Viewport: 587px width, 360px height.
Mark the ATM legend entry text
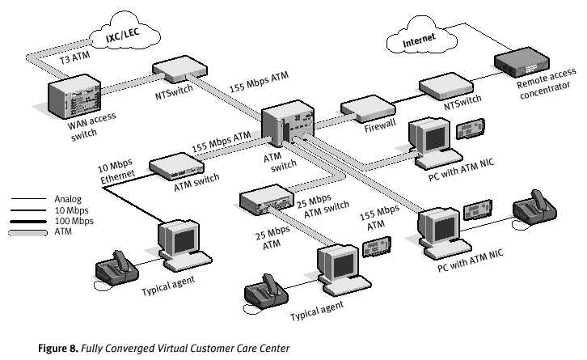pyautogui.click(x=63, y=232)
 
